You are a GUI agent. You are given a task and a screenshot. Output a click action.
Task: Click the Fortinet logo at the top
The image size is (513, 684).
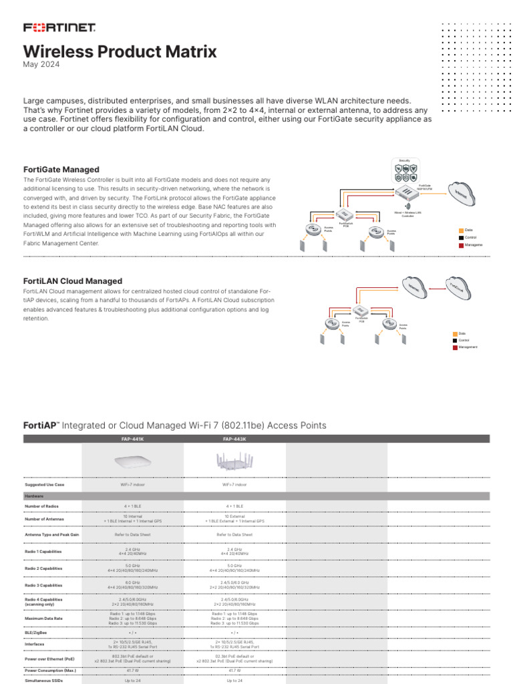click(x=60, y=27)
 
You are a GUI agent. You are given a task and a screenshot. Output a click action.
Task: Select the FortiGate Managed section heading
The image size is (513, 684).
click(x=61, y=170)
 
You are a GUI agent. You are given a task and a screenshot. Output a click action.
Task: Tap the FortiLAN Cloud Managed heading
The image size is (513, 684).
click(x=73, y=281)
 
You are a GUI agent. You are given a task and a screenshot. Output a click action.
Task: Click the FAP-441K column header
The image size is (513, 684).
click(x=132, y=439)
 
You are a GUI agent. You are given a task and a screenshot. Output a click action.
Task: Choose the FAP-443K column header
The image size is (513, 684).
click(x=234, y=439)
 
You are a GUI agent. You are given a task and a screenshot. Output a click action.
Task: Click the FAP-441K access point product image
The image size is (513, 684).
click(x=132, y=461)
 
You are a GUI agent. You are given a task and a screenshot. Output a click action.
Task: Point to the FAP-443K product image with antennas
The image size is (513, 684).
click(x=234, y=460)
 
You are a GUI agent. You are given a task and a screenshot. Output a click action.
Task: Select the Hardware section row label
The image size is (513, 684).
click(x=34, y=496)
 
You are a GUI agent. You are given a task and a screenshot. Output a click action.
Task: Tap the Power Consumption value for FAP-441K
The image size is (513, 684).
click(x=132, y=669)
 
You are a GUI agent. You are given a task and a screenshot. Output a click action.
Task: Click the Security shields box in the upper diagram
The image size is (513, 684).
click(x=405, y=172)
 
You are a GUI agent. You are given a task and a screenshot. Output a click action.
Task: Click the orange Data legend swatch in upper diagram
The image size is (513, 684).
click(x=461, y=230)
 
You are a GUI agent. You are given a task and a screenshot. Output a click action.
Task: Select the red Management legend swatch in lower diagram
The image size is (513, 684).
click(x=455, y=347)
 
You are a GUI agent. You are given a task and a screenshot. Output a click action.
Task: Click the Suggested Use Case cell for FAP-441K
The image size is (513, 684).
click(x=132, y=485)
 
